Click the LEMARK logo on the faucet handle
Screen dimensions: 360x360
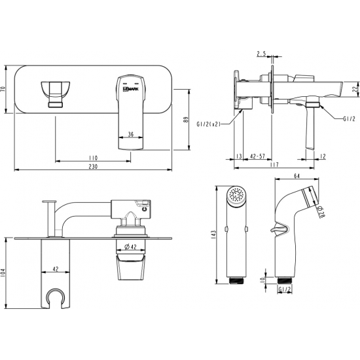tap(131, 89)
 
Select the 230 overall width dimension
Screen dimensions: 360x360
tap(93, 166)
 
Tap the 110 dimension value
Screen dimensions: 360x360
tap(93, 158)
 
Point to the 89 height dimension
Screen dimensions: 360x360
tap(186, 120)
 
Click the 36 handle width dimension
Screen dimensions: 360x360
tap(131, 134)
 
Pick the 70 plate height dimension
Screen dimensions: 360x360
tap(3, 89)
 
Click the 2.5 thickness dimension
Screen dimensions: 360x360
tap(261, 54)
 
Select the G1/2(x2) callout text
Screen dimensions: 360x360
tap(208, 124)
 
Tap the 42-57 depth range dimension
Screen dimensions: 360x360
tap(257, 156)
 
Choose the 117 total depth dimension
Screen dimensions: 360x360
tap(274, 164)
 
